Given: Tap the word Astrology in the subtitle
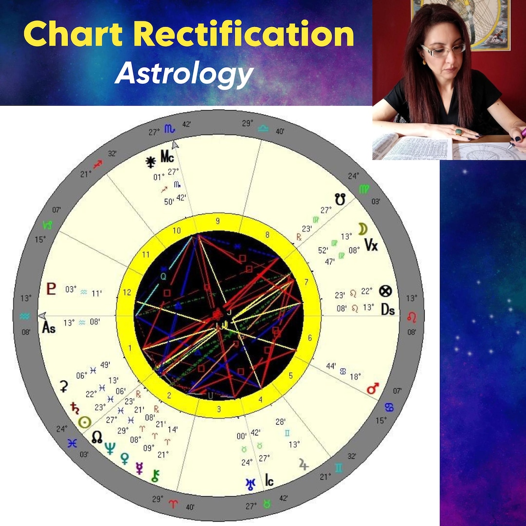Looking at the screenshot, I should coord(184,74).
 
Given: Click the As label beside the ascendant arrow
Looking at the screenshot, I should coord(49,328).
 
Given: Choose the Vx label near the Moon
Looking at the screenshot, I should coord(371,245).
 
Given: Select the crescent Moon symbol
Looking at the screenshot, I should coord(362,229).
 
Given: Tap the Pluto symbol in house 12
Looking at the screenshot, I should coord(51,289).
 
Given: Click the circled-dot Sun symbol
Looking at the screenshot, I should coord(86,422).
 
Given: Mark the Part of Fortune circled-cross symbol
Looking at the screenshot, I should coord(386,291).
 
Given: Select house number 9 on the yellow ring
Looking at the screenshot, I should coord(218,221).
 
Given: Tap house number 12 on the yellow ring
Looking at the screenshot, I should coord(128,292).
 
